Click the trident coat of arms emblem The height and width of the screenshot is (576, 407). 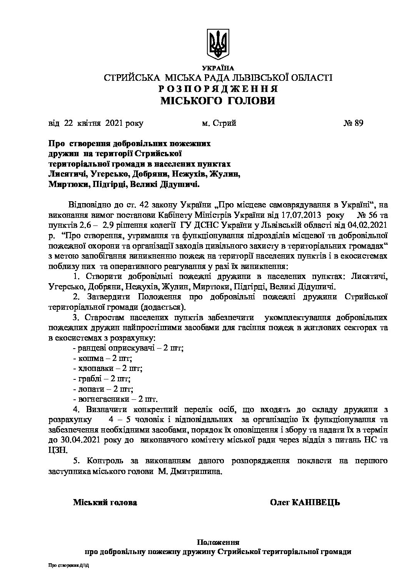click(x=218, y=44)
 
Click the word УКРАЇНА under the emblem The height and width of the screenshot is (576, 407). click(x=218, y=68)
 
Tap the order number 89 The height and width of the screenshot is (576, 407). click(x=358, y=123)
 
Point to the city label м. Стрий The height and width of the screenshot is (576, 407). click(x=219, y=123)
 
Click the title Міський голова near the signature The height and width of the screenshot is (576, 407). click(x=105, y=503)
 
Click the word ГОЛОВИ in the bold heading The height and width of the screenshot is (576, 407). click(x=251, y=101)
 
